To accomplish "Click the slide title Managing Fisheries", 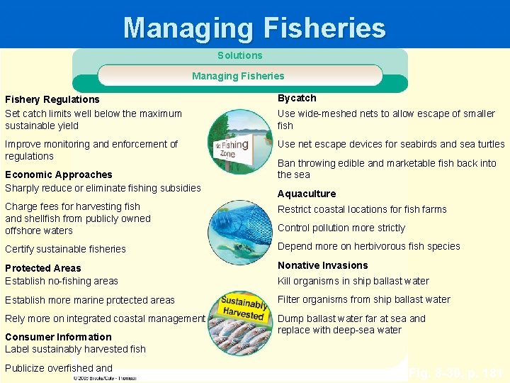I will coord(254,28).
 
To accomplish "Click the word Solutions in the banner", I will coord(239,55).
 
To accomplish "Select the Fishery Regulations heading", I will coord(52,99).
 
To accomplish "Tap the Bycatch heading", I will coord(297,98).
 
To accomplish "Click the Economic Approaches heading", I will coord(59,174).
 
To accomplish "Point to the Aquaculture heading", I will coord(307,194).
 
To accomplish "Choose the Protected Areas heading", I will coord(43,268).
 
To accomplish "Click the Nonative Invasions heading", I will coord(323,265).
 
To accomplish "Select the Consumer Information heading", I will coord(58,337).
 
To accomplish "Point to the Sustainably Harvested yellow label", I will coord(243,304).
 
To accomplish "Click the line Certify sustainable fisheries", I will coord(65,249).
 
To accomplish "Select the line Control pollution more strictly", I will coord(341,228).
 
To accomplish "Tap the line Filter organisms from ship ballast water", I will coord(364,299).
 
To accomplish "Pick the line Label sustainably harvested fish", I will coord(75,349).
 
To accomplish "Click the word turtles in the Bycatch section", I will coord(487,144).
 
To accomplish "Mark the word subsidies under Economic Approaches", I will coord(179,188).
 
